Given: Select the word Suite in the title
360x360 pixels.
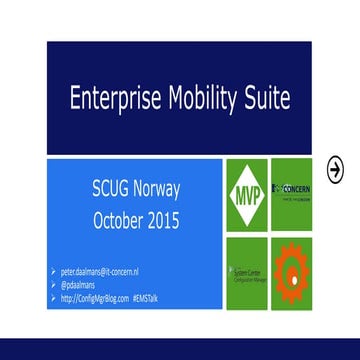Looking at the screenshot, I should click(x=268, y=98).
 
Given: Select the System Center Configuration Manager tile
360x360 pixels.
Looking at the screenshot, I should click(x=247, y=269).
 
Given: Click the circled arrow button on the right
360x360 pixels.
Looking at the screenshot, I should click(x=336, y=166).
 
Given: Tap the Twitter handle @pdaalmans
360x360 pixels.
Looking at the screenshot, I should click(x=84, y=285).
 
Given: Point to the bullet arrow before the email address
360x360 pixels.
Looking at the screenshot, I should click(x=56, y=272).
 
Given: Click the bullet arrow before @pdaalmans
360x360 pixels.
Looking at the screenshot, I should click(x=56, y=285).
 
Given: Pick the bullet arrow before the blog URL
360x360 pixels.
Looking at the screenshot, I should click(x=56, y=298).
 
